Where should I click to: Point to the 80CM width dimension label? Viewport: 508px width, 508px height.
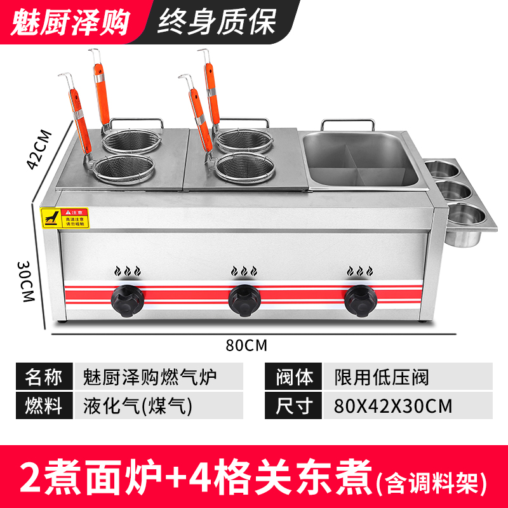tap(246, 345)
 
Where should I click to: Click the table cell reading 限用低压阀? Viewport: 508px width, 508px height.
tap(382, 377)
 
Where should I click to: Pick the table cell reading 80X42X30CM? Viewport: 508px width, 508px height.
tap(393, 405)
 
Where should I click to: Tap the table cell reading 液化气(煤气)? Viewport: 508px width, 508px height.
tap(137, 405)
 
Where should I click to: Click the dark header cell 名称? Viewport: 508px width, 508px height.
tap(44, 377)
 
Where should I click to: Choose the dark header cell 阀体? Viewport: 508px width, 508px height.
tap(295, 377)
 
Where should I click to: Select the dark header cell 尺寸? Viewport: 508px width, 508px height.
tap(295, 405)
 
